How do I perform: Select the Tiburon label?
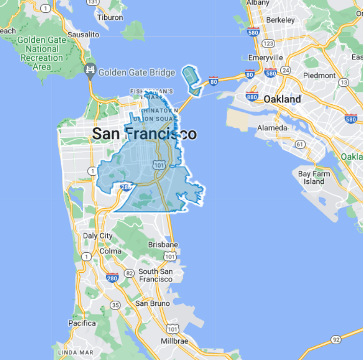coord(110,17)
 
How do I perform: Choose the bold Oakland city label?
coord(282,99)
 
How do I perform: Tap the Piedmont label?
coord(320,75)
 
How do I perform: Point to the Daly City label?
coord(98,236)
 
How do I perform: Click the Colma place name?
coord(111,251)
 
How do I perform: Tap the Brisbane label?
coord(163,245)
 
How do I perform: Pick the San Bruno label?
coord(149,303)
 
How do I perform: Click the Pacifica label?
coord(82,323)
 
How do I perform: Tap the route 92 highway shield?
coord(335,340)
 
